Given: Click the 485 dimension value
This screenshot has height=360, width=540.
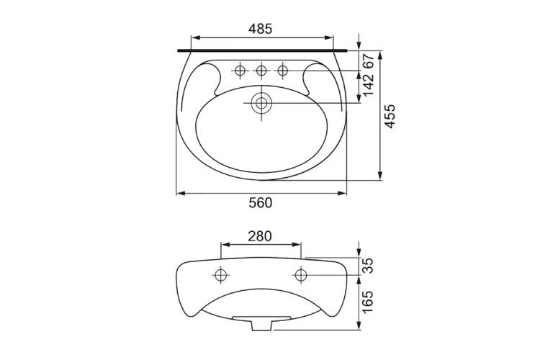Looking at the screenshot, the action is coord(261,29).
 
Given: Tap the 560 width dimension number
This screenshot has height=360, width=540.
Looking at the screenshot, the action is coord(261,203).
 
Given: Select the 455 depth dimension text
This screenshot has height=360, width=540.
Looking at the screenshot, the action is coord(390,117).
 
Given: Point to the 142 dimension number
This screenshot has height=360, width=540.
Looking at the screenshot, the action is coord(368,85).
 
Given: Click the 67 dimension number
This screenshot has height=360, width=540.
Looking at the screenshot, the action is coord(368,62).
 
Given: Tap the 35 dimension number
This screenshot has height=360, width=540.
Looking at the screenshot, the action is coord(368,266).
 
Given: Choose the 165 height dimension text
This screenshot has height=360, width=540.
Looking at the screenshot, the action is coord(368,302).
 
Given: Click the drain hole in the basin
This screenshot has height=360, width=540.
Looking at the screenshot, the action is coord(261,103).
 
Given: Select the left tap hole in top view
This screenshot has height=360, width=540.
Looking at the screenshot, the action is coord(240,71).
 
